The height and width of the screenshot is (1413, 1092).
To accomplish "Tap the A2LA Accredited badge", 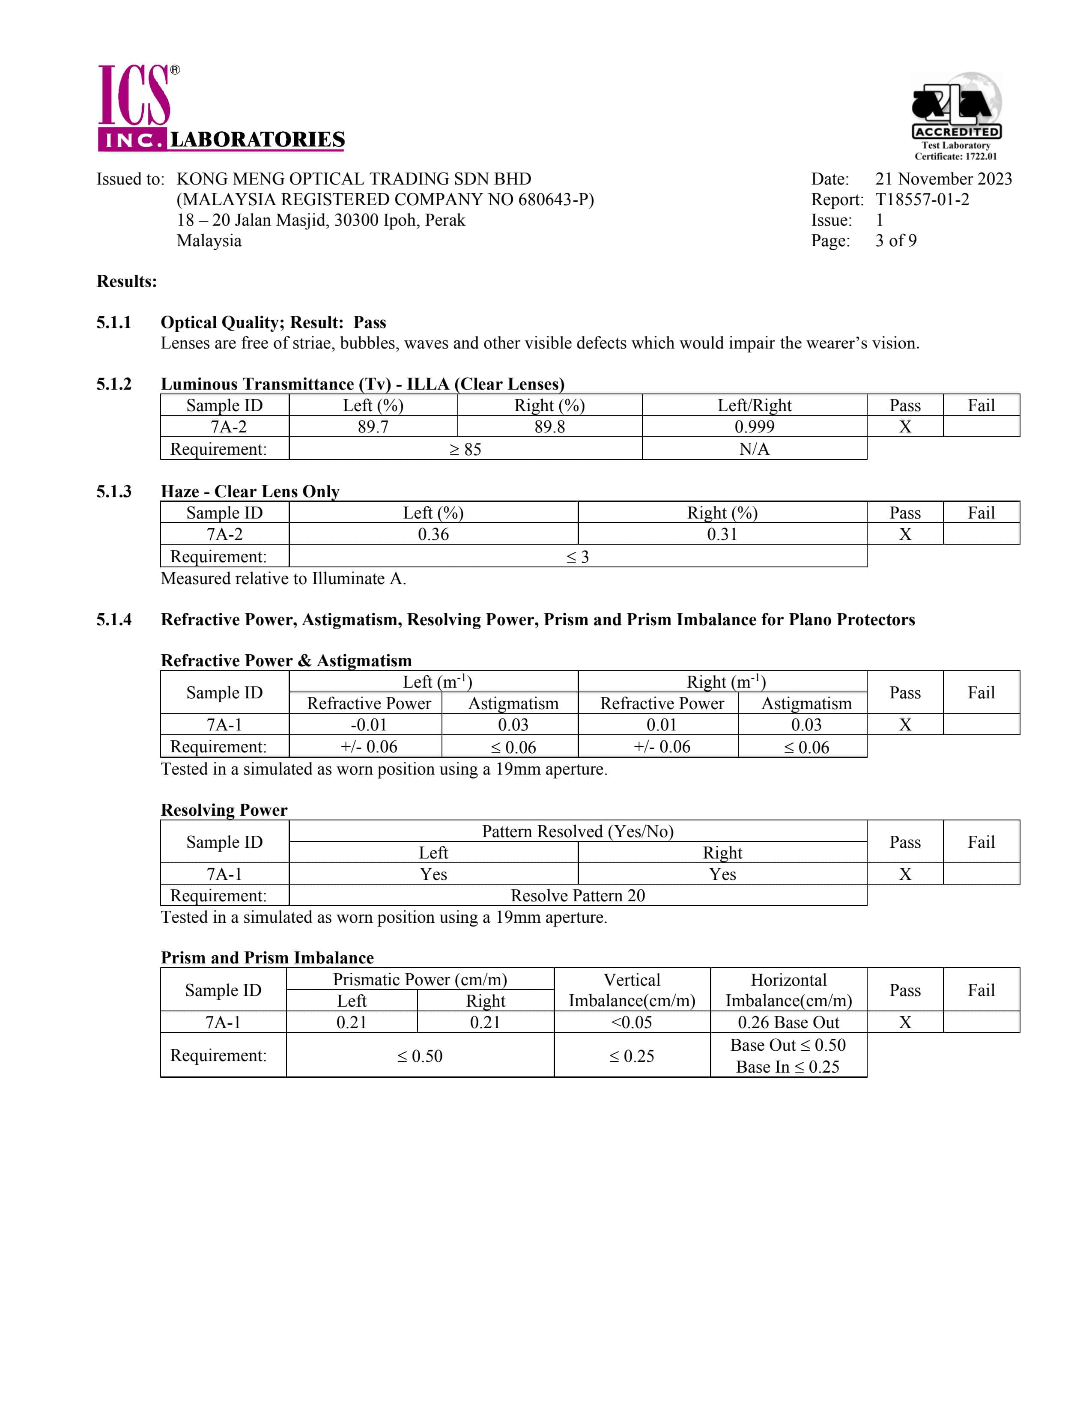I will tap(956, 115).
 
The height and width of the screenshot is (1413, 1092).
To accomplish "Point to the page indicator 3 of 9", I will tap(895, 241).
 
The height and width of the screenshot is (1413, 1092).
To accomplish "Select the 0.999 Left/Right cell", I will tap(754, 426).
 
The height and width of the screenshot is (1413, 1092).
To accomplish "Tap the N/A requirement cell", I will tap(754, 449).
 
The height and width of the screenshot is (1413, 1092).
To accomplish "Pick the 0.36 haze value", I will tap(433, 534).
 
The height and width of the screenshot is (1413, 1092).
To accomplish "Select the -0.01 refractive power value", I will tap(368, 724).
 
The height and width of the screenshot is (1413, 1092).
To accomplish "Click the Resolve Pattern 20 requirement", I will tap(578, 895).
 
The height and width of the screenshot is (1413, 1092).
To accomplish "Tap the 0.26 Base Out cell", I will tap(788, 1022).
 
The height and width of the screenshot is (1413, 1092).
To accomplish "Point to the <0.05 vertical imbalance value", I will tap(631, 1022).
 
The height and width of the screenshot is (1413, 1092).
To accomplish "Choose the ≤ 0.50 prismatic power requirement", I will tap(420, 1056).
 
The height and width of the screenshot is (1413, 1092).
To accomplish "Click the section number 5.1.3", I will tap(114, 492).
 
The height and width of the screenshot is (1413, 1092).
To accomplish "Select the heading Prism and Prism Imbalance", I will tap(267, 957).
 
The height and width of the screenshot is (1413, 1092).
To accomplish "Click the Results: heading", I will tap(127, 281).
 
